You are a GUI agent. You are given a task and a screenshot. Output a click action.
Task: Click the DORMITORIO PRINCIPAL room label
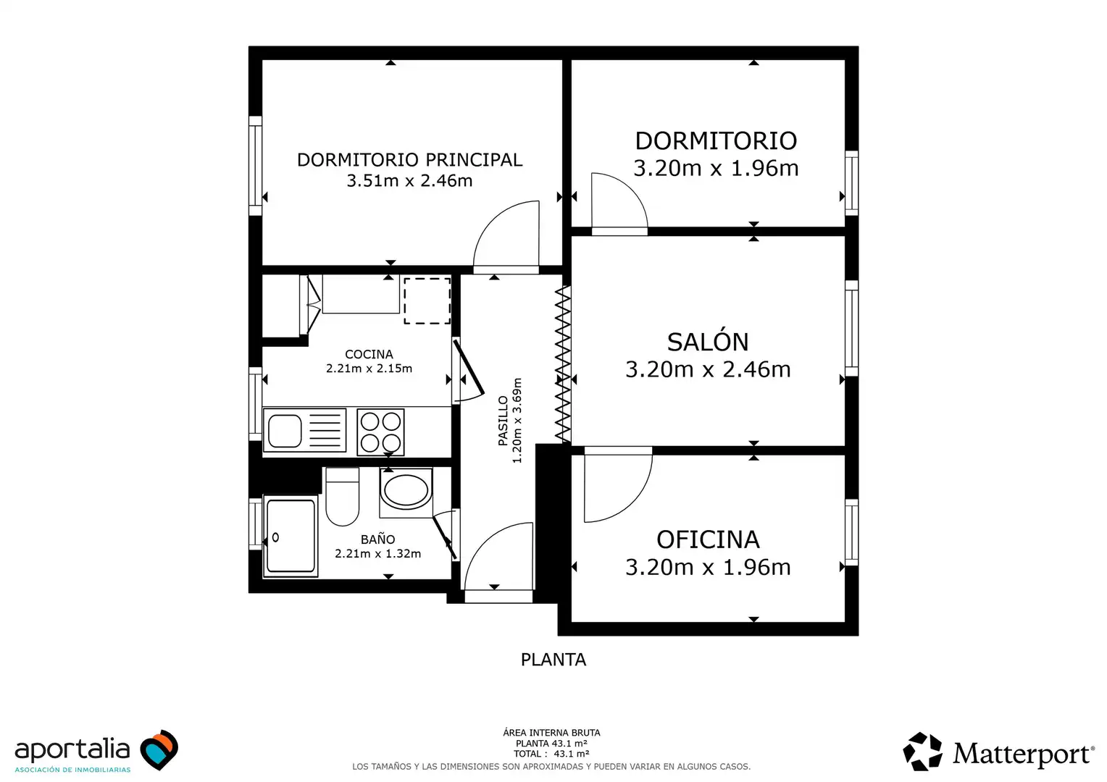(409, 159)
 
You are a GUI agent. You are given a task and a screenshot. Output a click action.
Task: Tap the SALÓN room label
(708, 342)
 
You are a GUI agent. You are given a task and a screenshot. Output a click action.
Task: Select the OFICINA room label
(708, 540)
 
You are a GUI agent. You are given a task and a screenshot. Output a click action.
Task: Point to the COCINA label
(369, 354)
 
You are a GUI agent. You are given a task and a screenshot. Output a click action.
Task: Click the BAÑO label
(377, 539)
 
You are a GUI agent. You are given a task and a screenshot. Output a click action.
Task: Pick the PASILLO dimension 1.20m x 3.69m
(517, 421)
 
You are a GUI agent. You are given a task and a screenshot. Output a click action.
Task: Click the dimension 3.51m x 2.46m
(409, 181)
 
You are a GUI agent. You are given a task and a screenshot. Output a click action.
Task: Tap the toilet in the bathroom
(342, 497)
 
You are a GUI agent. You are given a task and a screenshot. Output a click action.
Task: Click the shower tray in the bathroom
(290, 536)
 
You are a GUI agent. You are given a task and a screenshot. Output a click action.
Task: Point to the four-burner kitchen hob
(380, 432)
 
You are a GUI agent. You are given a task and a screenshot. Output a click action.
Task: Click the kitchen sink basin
(285, 431)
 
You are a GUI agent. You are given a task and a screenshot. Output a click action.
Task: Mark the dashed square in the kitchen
(427, 300)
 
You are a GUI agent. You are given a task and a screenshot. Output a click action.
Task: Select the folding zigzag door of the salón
(563, 364)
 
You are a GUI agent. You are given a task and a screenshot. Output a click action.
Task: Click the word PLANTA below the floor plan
(553, 660)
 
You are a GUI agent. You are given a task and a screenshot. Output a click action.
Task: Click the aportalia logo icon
(159, 749)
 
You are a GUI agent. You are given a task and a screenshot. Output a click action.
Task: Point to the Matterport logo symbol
(923, 752)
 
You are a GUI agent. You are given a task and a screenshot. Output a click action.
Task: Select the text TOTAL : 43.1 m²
(551, 754)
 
